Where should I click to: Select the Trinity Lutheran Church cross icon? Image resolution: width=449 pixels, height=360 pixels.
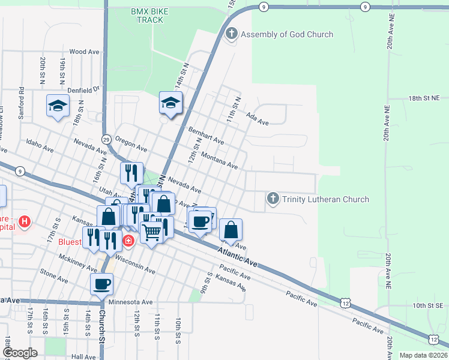[x=273, y=199]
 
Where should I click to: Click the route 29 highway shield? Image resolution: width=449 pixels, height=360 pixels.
[x=106, y=139]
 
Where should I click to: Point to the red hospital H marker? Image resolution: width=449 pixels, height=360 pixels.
[x=24, y=223]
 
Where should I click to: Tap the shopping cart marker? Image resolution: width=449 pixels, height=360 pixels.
[x=152, y=231]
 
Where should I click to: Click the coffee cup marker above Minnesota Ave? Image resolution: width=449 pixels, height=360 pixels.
[x=101, y=284]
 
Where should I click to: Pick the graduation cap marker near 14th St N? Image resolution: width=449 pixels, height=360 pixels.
[x=170, y=103]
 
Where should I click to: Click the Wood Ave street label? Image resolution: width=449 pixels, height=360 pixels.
[x=84, y=52]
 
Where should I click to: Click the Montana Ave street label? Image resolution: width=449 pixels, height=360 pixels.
[x=220, y=161]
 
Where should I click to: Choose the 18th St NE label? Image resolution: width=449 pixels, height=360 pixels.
[x=424, y=97]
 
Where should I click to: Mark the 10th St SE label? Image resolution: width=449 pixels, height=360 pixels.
[x=427, y=305]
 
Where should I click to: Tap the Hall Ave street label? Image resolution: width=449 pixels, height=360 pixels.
[x=83, y=356]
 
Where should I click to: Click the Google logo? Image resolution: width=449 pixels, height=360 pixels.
[x=20, y=353]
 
